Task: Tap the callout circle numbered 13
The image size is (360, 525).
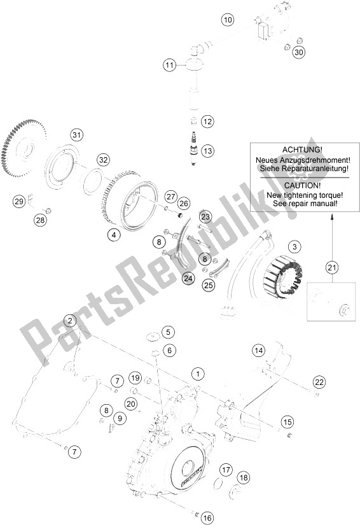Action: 208,150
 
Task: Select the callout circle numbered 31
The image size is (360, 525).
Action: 76,135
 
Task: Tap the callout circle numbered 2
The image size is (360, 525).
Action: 69,321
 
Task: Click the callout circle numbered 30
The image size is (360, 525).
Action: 299,52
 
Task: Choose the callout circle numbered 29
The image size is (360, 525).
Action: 19,202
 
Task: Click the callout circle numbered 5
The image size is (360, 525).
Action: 168,332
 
